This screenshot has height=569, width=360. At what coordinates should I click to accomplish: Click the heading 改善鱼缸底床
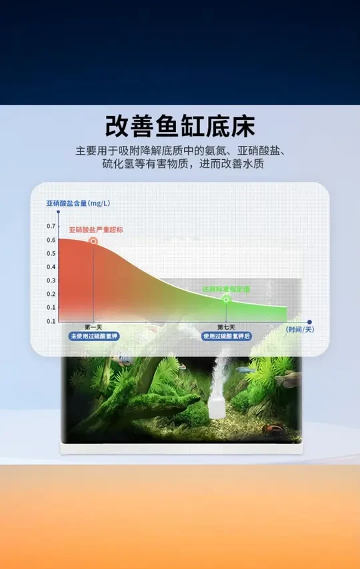[x=180, y=127]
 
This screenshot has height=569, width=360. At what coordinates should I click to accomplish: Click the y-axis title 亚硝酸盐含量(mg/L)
[x=78, y=202]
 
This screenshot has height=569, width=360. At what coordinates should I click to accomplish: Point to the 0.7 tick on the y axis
[x=51, y=226]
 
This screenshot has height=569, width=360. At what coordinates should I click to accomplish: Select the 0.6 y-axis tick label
[x=51, y=240]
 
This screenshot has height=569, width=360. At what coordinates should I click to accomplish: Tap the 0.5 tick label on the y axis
[x=51, y=253]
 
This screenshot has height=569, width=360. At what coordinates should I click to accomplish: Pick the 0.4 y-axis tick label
[x=51, y=267]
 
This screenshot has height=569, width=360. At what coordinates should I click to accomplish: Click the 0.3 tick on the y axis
[x=51, y=281]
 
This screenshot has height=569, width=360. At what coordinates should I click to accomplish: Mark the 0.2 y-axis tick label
[x=51, y=294]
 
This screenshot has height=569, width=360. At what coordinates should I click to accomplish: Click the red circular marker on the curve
[x=93, y=241]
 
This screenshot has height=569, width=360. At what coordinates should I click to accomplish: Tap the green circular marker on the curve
[x=226, y=299]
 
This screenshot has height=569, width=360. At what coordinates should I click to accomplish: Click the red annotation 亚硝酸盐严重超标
[x=96, y=229]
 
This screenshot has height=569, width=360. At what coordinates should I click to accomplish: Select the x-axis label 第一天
[x=93, y=327]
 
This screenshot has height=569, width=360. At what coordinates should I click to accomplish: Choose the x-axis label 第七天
[x=226, y=327]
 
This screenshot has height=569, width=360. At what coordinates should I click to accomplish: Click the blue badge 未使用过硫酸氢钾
[x=93, y=336]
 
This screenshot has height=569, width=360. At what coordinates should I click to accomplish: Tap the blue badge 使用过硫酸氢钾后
[x=227, y=336]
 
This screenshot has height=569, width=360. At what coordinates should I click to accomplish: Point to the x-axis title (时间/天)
[x=300, y=329]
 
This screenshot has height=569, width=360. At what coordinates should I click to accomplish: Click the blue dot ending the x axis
[x=309, y=322]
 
